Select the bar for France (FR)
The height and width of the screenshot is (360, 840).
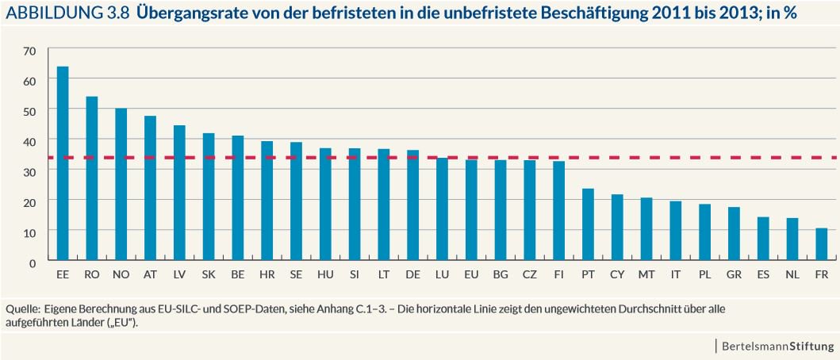[x=821, y=244]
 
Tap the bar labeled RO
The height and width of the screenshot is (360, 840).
[x=92, y=178]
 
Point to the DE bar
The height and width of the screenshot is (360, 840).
[x=412, y=205]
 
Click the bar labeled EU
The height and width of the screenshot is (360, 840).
[x=471, y=210]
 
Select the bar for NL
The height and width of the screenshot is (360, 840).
[x=792, y=239]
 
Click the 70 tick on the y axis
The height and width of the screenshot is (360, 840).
[x=30, y=52]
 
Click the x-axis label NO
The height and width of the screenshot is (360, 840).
[x=121, y=274]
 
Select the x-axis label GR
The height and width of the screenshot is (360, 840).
[x=734, y=274]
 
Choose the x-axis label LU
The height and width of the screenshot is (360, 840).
[x=442, y=274]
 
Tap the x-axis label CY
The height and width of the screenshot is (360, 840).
[x=617, y=274]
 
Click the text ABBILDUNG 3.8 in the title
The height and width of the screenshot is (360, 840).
[x=63, y=13]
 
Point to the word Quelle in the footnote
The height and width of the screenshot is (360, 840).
[x=21, y=308]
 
